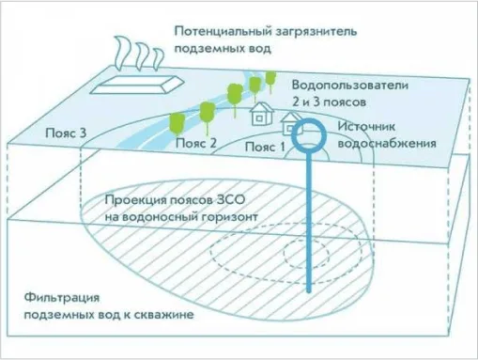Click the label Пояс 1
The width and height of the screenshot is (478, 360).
click(x=264, y=148)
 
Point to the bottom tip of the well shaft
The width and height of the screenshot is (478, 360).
click(x=308, y=292)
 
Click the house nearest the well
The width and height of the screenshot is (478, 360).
click(x=293, y=123)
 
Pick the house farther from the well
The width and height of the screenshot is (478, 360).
click(x=259, y=115)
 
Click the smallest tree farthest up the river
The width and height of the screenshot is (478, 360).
click(x=271, y=77)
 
